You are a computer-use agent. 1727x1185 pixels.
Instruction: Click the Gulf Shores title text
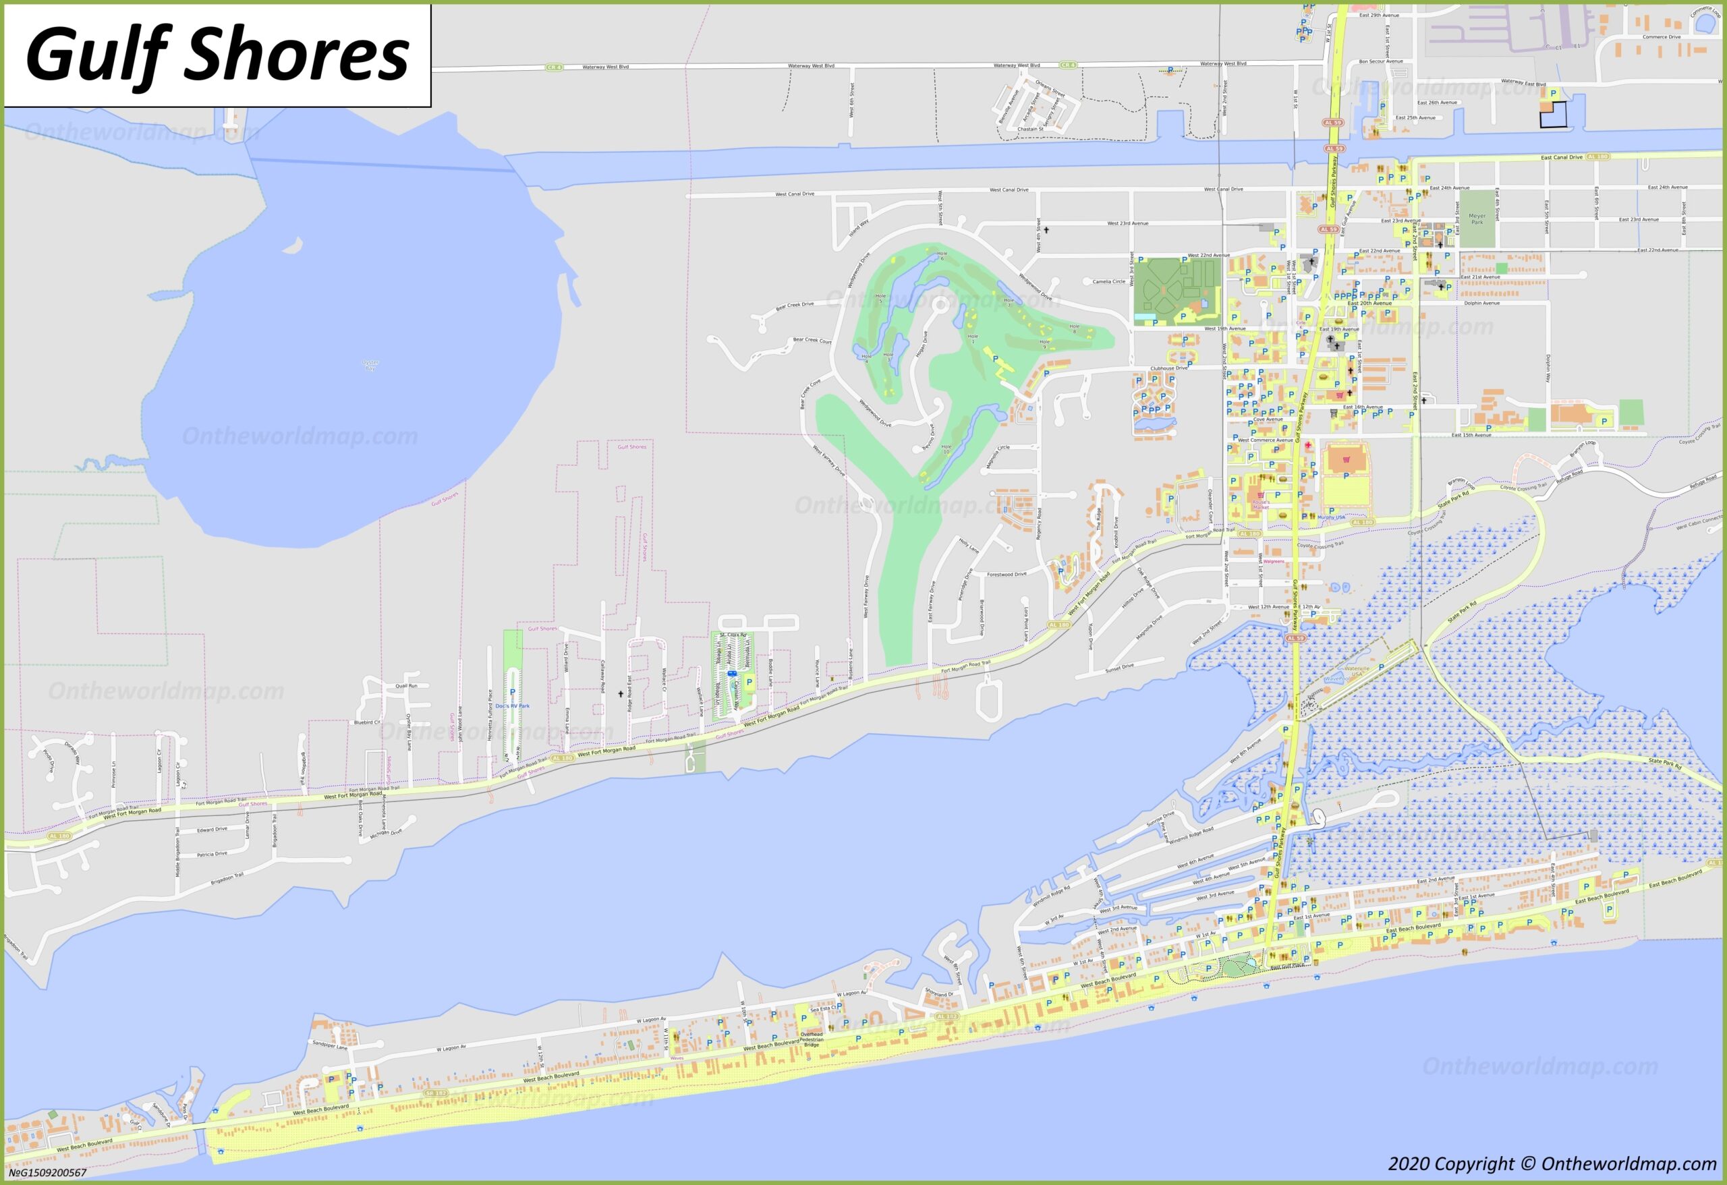pos(217,56)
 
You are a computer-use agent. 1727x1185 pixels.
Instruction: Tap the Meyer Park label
pos(1477,219)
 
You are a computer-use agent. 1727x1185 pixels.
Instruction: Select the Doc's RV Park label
pos(513,705)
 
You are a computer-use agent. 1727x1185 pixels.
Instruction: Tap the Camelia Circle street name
pos(1109,281)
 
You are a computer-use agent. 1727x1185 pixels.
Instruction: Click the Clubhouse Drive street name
pos(1170,368)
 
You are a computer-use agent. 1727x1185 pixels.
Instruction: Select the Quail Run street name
pos(407,686)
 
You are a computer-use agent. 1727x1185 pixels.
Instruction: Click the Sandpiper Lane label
pos(330,1045)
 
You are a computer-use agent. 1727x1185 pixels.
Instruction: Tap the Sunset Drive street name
pos(1119,668)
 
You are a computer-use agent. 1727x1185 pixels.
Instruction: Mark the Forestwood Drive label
pos(1006,575)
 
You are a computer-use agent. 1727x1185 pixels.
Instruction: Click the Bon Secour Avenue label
pos(1381,61)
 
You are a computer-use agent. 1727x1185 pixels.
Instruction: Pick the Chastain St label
pos(1031,129)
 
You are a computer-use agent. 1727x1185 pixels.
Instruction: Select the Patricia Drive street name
pos(212,854)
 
